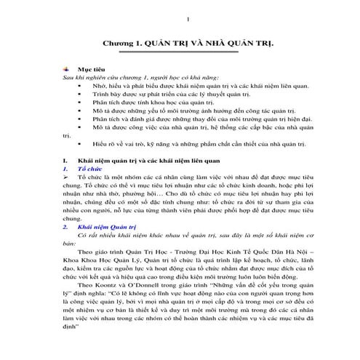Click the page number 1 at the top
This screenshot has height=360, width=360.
click(x=188, y=18)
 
